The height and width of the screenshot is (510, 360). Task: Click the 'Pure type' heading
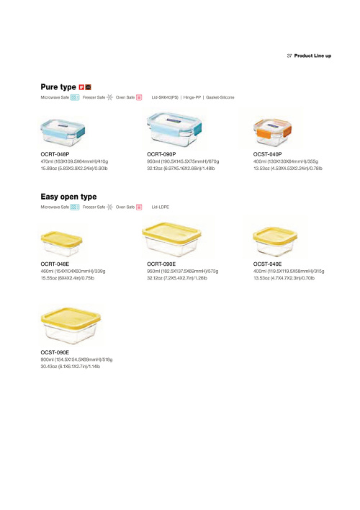click(x=58, y=87)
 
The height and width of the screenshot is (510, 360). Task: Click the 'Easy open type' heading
click(x=68, y=197)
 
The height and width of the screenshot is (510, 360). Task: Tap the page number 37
click(x=289, y=56)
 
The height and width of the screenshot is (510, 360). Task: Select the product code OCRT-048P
click(x=55, y=154)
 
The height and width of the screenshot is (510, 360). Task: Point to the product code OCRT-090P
click(x=161, y=154)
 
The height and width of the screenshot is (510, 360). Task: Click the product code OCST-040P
click(x=268, y=154)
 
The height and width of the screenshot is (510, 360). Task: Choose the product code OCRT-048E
click(x=55, y=264)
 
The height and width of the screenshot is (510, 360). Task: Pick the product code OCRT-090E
click(x=161, y=264)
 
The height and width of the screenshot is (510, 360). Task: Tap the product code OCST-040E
click(x=268, y=264)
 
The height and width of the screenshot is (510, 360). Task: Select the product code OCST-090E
click(x=55, y=352)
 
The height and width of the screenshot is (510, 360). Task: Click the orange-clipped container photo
click(x=273, y=132)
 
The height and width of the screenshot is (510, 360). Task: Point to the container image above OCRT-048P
click(x=63, y=133)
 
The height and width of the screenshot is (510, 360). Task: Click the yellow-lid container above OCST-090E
click(x=71, y=326)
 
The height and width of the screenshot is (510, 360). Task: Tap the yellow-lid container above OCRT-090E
click(x=171, y=239)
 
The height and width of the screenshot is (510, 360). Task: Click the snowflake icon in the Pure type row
click(x=110, y=97)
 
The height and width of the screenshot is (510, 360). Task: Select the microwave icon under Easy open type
click(x=75, y=207)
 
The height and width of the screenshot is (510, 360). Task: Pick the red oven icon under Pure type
click(x=139, y=97)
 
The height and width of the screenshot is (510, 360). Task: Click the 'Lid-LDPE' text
click(x=161, y=207)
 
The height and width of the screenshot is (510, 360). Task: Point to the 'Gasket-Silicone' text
click(x=220, y=97)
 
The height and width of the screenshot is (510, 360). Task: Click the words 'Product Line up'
click(x=313, y=56)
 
